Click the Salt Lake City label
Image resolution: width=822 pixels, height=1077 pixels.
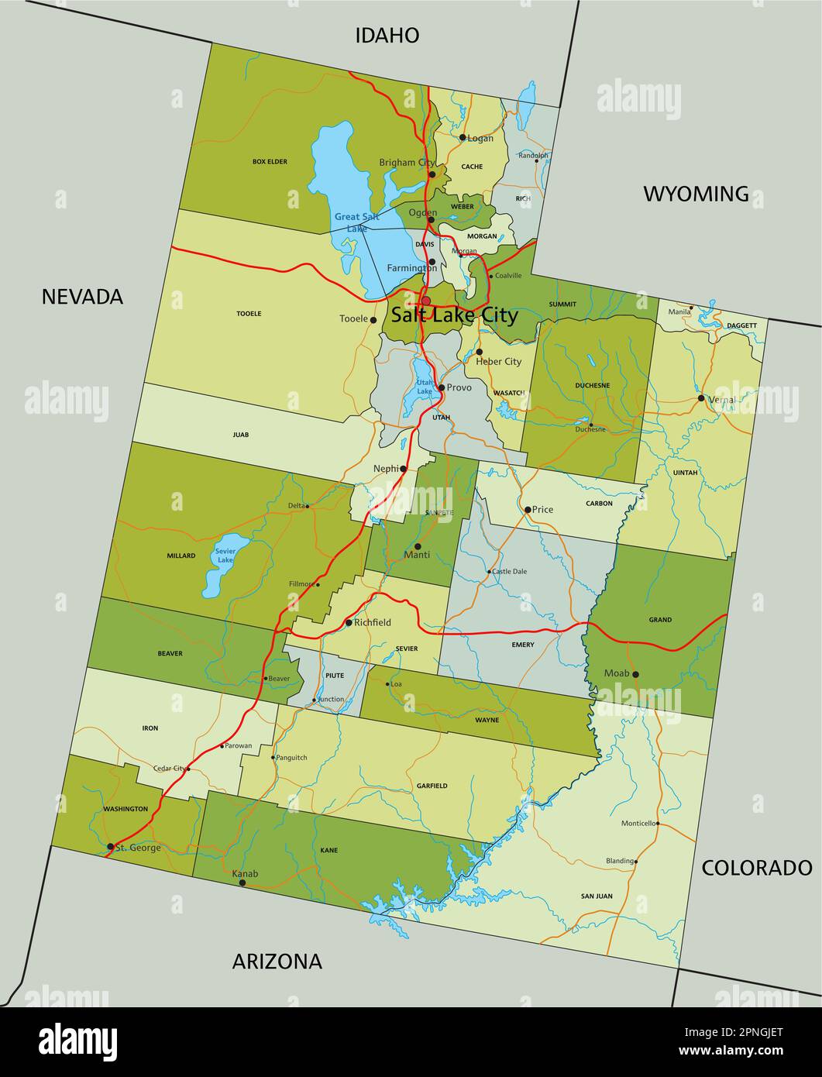[x=454, y=315]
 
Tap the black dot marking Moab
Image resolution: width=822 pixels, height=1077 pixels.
[x=635, y=674]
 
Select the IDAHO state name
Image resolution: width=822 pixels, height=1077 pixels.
[x=387, y=35]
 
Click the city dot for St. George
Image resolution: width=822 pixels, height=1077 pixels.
[x=111, y=846]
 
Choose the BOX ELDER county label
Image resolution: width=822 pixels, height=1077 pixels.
[x=270, y=162]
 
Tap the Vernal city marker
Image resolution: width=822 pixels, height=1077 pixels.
[x=701, y=398]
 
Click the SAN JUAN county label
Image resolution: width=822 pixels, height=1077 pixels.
[x=597, y=896]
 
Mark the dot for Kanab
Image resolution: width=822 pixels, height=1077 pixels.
[x=242, y=883]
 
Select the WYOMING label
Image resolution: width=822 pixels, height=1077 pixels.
[x=696, y=194]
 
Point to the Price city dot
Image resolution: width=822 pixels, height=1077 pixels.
[x=528, y=510]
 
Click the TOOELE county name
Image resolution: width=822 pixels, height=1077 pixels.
[x=249, y=314]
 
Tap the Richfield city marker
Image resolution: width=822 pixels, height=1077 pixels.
[x=349, y=622]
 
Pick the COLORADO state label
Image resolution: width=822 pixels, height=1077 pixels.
[x=756, y=868]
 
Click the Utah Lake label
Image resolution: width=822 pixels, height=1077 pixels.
[x=425, y=387]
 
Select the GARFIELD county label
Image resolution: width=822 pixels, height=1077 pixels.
[x=432, y=786]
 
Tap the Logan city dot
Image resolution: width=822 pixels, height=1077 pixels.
[x=463, y=138]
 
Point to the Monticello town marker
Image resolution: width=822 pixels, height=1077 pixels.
[x=658, y=824]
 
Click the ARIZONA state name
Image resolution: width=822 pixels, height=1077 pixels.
[x=277, y=962]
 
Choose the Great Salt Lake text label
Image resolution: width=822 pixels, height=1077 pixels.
[x=357, y=222]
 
